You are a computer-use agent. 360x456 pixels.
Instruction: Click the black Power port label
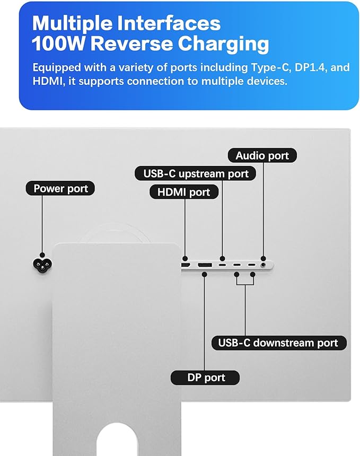click(60, 188)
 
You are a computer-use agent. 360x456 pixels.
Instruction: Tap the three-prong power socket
click(42, 265)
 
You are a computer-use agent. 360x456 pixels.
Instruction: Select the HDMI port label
click(184, 192)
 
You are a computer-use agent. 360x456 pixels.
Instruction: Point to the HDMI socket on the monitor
click(186, 265)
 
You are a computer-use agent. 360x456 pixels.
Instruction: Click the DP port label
click(205, 378)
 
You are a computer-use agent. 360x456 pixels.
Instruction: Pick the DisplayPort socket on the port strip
click(205, 265)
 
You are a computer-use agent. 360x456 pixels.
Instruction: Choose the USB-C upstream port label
click(196, 173)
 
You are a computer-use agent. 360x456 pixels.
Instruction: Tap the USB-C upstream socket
click(223, 265)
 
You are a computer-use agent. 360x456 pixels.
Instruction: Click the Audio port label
click(262, 155)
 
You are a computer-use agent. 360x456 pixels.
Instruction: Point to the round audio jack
click(264, 265)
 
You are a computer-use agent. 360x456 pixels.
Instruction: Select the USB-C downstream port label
click(279, 343)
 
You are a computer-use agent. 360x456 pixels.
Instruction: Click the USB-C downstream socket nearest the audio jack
click(251, 265)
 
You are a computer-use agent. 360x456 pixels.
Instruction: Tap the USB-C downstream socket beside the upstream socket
click(236, 265)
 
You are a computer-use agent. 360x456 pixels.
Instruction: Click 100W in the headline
click(58, 43)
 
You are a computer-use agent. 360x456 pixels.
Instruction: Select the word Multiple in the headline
click(72, 23)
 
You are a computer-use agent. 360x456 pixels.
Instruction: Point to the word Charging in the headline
click(223, 45)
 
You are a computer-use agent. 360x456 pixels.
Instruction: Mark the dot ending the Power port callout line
click(42, 255)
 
